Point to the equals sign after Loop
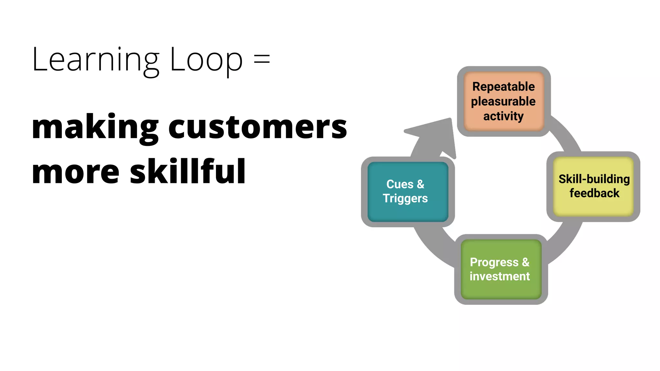(x=262, y=60)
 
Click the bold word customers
(x=257, y=127)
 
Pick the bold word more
(x=76, y=172)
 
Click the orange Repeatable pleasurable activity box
(x=504, y=101)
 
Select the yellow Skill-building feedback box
(x=593, y=186)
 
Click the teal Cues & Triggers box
(x=408, y=192)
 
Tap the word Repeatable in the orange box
(x=503, y=87)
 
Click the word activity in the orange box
(x=503, y=116)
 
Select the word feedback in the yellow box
(x=594, y=193)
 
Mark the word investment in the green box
(x=500, y=276)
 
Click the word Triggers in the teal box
(x=405, y=199)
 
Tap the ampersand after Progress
(x=526, y=262)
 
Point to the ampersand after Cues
(x=421, y=184)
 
